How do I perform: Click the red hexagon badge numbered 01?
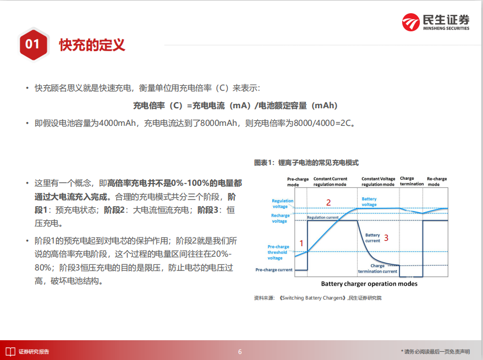click(x=33, y=45)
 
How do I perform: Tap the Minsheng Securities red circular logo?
click(x=410, y=22)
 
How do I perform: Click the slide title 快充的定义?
click(x=92, y=45)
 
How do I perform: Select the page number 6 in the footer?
click(x=240, y=352)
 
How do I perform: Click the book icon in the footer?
click(x=10, y=352)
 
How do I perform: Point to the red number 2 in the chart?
click(x=328, y=202)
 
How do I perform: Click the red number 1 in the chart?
click(x=301, y=243)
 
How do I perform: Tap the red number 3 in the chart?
click(x=386, y=237)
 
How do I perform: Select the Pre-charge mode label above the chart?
click(x=298, y=182)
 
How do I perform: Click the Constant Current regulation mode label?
click(x=330, y=181)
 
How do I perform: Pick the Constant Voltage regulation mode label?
click(x=378, y=181)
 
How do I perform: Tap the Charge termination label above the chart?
click(x=412, y=181)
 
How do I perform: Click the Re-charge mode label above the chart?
click(x=437, y=181)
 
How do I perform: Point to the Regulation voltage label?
click(x=282, y=204)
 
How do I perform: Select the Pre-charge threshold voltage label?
click(x=278, y=252)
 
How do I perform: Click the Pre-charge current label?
click(x=274, y=270)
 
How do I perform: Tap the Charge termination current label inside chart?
click(x=377, y=269)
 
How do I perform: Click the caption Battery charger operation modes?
click(x=369, y=284)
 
